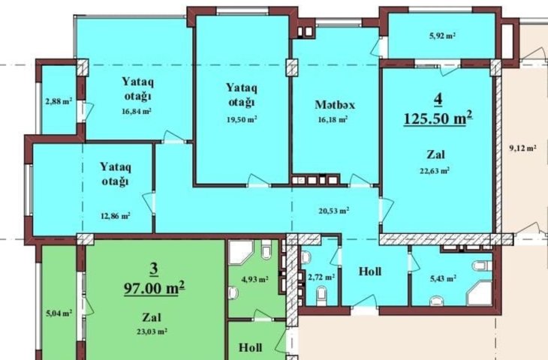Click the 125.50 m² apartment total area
[438, 118]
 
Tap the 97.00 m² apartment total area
[154, 288]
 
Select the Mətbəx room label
[335, 105]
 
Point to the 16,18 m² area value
[333, 120]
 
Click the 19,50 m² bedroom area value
[242, 120]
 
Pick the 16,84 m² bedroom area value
[137, 112]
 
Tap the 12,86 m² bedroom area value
[116, 216]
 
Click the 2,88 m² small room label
[59, 101]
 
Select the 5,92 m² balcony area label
[442, 35]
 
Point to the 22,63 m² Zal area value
[435, 171]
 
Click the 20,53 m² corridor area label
[334, 211]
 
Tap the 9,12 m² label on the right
[522, 148]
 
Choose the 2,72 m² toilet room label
[321, 277]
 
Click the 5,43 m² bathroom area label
[443, 279]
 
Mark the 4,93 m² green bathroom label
[254, 279]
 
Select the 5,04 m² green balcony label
[59, 313]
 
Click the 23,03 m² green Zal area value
[152, 331]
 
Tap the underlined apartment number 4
[438, 99]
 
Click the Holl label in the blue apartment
[370, 271]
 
